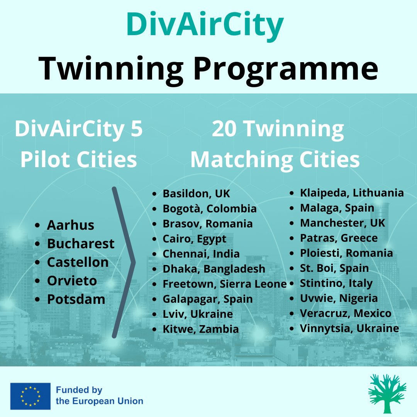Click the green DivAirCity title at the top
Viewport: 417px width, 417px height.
[205, 24]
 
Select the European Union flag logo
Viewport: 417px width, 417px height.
[31, 396]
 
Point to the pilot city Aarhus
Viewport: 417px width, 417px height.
[70, 225]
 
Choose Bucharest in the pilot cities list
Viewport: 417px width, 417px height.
[81, 244]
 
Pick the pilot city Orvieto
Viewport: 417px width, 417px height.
[71, 281]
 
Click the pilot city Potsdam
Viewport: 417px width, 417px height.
[76, 299]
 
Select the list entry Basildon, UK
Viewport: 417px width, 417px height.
[196, 193]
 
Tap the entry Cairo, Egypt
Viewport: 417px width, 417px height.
[194, 239]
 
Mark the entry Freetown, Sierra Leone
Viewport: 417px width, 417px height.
[224, 284]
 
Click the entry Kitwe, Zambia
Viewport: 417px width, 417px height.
[200, 329]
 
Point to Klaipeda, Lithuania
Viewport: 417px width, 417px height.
[352, 193]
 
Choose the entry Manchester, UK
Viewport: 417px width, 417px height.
[342, 223]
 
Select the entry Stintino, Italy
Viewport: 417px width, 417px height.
[336, 283]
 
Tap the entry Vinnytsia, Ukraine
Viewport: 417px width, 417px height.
[349, 329]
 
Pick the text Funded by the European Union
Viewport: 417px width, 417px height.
[99, 396]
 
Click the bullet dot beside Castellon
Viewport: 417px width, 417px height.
[37, 263]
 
